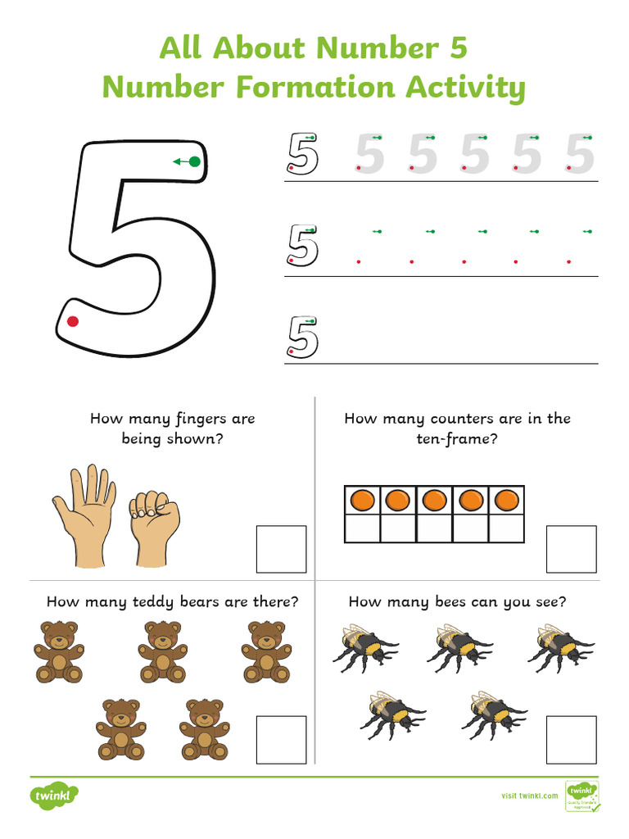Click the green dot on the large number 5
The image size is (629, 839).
[x=194, y=162]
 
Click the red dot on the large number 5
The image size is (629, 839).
[x=73, y=321]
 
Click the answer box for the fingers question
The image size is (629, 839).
[x=281, y=549]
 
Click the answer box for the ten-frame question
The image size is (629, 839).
[x=571, y=549]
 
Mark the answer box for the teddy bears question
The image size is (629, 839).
[x=281, y=739]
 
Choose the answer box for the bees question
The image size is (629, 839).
[x=571, y=739]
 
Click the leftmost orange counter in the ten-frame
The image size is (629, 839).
[x=363, y=500]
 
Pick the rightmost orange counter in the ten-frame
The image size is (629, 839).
[x=506, y=500]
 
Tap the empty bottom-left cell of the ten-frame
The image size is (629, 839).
[x=363, y=528]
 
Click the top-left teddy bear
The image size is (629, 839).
[x=59, y=651]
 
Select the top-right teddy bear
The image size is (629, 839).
[x=266, y=651]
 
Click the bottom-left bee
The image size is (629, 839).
[x=391, y=714]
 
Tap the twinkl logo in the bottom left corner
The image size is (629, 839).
[x=54, y=795]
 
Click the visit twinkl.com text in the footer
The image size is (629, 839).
[x=529, y=795]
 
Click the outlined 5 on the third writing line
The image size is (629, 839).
[x=302, y=337]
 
